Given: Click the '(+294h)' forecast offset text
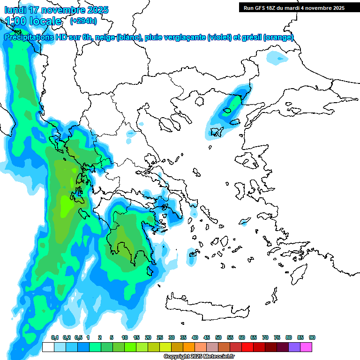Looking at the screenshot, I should click(x=83, y=21).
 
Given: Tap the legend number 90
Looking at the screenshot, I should click(x=312, y=337).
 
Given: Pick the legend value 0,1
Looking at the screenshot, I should click(x=54, y=337).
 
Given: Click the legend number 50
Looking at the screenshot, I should click(x=218, y=337).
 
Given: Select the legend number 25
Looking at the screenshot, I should click(x=160, y=337).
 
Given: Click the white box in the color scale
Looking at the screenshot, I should click(x=48, y=347).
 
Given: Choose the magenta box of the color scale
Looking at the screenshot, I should click(x=306, y=347).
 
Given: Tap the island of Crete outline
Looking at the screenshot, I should click(x=206, y=305).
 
